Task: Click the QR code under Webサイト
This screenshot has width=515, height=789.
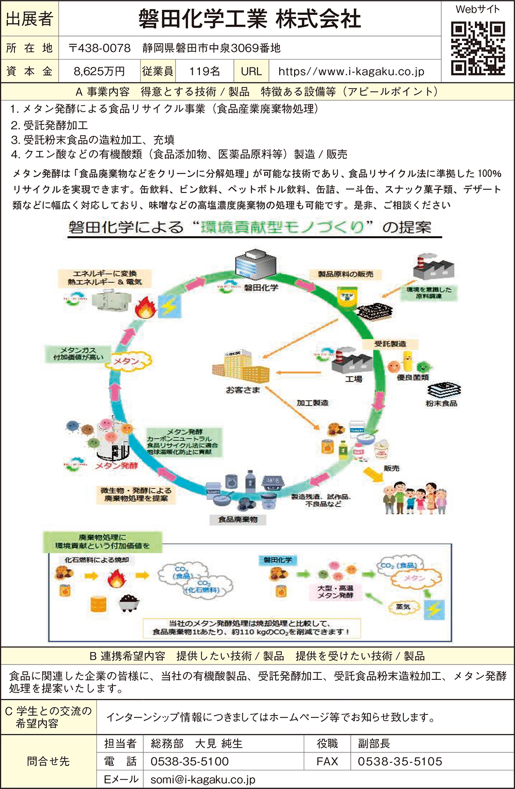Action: click(x=477, y=48)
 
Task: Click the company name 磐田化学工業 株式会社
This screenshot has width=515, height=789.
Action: click(x=250, y=19)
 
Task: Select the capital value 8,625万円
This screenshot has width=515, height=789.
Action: click(x=99, y=72)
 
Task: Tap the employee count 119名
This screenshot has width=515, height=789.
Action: click(x=204, y=72)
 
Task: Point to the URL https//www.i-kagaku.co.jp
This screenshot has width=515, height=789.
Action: click(x=351, y=72)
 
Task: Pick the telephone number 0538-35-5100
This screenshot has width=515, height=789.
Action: click(x=190, y=761)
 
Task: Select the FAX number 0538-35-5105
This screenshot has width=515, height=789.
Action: click(x=400, y=761)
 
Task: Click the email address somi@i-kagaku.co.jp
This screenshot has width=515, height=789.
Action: click(x=203, y=780)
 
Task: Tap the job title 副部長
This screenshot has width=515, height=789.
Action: click(x=374, y=743)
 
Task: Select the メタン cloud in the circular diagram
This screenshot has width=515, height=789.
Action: click(x=127, y=361)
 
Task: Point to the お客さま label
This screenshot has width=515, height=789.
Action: click(x=243, y=390)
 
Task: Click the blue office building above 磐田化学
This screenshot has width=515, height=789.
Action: click(x=249, y=266)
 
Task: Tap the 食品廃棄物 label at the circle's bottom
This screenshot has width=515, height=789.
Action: click(x=237, y=520)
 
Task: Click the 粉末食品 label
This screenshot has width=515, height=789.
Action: click(x=441, y=404)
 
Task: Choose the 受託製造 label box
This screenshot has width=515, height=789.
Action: click(x=390, y=343)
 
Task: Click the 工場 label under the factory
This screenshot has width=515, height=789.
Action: click(x=353, y=379)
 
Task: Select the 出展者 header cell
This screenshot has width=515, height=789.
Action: click(x=29, y=19)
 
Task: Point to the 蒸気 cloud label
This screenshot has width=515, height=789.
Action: click(x=403, y=607)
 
